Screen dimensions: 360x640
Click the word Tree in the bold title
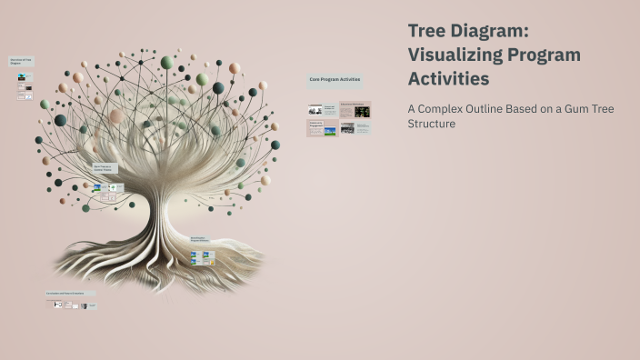point(427,31)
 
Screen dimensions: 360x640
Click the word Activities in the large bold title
point(449,79)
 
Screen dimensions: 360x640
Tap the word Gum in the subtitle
point(581,109)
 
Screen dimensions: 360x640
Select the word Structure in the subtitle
point(432,124)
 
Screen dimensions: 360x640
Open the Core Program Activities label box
point(335,80)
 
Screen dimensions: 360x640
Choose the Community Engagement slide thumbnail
point(323,128)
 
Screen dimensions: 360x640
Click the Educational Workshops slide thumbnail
point(355,110)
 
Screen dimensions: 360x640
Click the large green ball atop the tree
point(166,63)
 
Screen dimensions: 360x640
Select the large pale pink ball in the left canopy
point(115,115)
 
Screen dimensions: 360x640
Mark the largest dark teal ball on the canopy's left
point(60,120)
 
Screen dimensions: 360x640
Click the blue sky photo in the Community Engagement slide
point(330,131)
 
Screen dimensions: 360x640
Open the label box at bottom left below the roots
point(71,294)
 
